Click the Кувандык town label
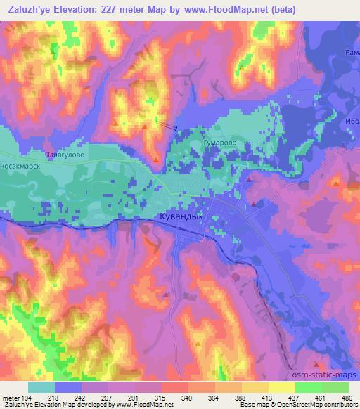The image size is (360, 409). pyautogui.click(x=181, y=217)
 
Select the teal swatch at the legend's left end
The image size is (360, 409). pyautogui.click(x=41, y=387)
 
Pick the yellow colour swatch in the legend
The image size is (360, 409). pyautogui.click(x=282, y=387)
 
